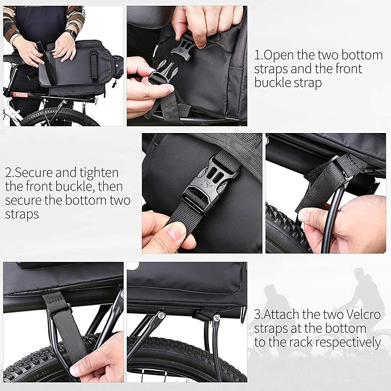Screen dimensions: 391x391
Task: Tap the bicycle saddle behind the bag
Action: [17, 59]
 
